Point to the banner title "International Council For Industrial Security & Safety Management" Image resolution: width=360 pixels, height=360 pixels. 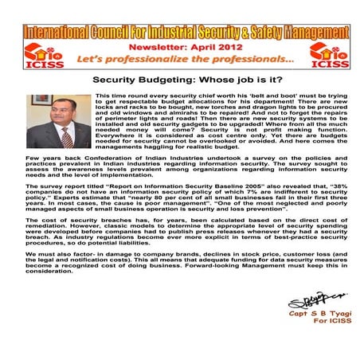tap(179, 32)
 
